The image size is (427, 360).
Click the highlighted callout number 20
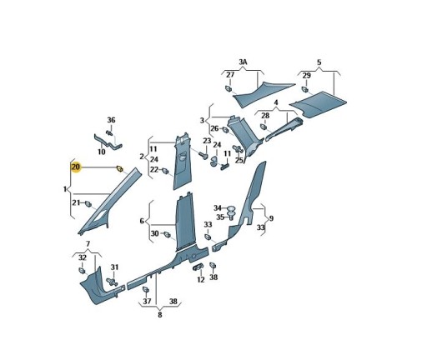[x=76, y=167]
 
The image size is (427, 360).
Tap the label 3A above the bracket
[x=243, y=62]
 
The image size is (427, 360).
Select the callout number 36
[x=111, y=120]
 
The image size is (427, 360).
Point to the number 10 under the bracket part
[x=102, y=152]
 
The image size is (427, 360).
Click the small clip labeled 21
[x=88, y=204]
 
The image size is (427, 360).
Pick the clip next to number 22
[x=165, y=171]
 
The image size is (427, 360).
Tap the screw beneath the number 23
[x=204, y=154]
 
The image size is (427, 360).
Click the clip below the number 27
[x=229, y=88]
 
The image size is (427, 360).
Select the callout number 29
[x=307, y=76]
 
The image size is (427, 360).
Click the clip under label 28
[x=264, y=127]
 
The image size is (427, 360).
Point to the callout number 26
[x=214, y=128]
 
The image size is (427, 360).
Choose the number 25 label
[x=239, y=160]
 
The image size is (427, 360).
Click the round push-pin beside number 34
[x=231, y=208]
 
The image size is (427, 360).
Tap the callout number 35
[x=220, y=217]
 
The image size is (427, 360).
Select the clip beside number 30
[x=167, y=234]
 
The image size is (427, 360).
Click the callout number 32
[x=83, y=257]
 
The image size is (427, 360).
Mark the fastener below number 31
[x=112, y=282]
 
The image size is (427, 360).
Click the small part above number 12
[x=198, y=267]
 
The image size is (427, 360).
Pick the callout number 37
[x=147, y=301]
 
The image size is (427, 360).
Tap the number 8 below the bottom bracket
[x=160, y=315]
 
